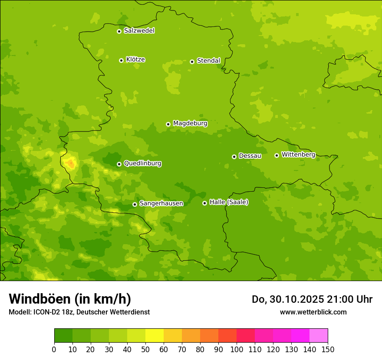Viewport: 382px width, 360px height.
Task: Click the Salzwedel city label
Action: tap(139, 31)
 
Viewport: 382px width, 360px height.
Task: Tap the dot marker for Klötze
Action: tap(121, 60)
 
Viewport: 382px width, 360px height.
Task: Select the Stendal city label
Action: tap(208, 61)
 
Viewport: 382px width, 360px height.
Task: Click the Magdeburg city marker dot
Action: tap(168, 124)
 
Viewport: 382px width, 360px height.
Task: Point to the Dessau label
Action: tap(250, 156)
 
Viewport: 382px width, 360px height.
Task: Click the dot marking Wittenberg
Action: tap(277, 155)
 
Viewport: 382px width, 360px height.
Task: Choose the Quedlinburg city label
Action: tap(142, 164)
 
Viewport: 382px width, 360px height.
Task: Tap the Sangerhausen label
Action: tap(161, 203)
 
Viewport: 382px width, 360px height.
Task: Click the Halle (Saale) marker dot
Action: tap(204, 203)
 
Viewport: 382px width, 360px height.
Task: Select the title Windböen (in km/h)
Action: tap(70, 299)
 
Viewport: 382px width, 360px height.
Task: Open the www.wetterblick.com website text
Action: tap(313, 312)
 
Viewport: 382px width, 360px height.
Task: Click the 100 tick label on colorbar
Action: tap(237, 349)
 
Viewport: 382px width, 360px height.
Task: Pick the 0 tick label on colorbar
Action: tap(54, 349)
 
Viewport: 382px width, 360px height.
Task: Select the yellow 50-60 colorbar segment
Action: tap(155, 336)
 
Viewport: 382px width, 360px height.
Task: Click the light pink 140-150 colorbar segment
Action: tap(319, 336)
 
